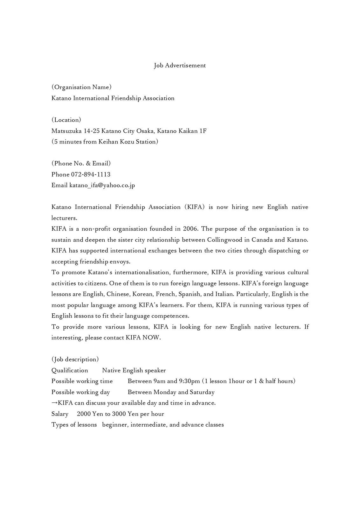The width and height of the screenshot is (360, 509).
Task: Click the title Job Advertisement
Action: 180,66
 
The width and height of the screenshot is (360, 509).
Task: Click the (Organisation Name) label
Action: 81,87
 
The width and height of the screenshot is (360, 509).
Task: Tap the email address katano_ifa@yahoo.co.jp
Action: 102,185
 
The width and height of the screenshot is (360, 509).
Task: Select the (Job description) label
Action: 75,359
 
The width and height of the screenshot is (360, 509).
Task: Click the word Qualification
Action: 70,370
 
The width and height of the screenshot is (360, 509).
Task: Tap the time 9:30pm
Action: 189,381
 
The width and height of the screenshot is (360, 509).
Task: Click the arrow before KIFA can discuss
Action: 54,403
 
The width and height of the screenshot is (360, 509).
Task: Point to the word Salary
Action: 60,414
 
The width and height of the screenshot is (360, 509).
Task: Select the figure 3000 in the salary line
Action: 119,414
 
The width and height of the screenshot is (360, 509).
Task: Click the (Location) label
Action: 66,120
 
